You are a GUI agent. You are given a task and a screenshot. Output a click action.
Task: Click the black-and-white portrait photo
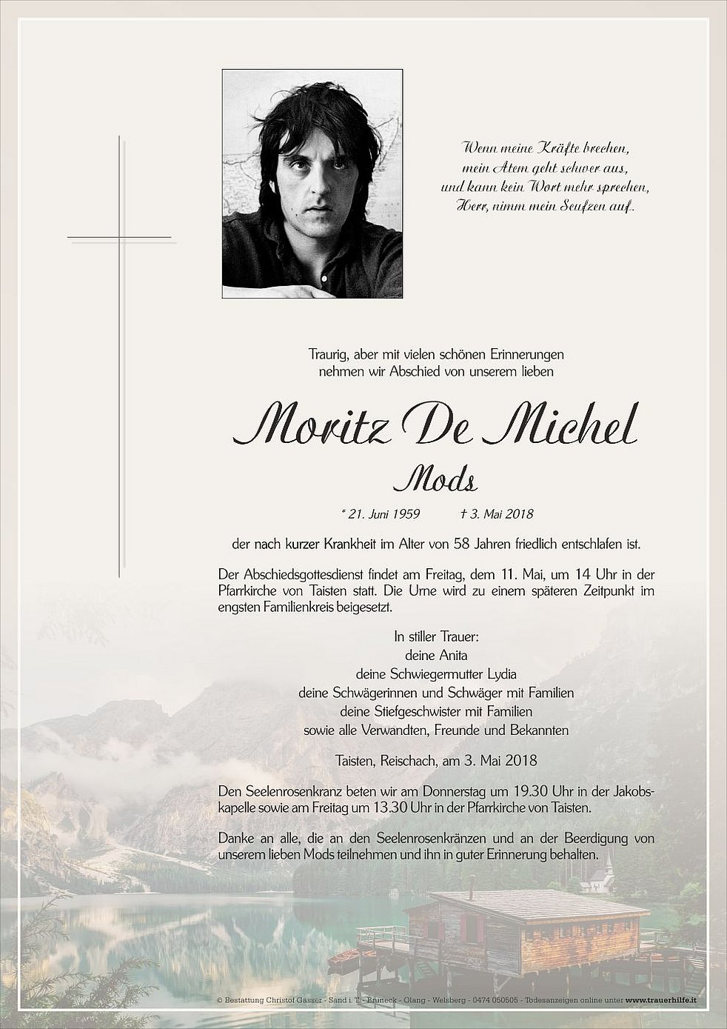(x=312, y=184)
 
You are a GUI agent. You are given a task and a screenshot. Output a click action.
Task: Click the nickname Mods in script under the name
(x=435, y=481)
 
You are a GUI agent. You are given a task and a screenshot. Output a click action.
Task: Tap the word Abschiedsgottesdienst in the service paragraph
(x=300, y=575)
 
